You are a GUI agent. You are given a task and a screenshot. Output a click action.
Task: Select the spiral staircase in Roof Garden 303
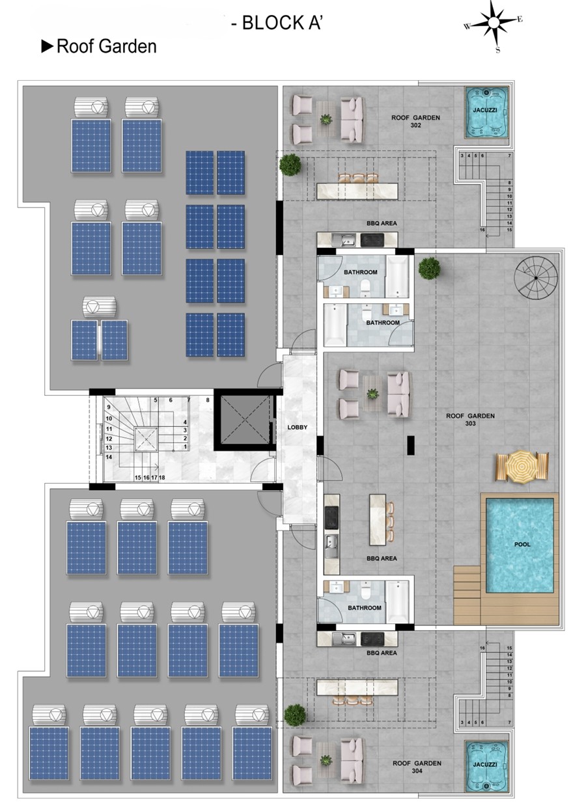coord(536,278)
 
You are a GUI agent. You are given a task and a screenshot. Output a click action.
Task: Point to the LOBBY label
coord(298,427)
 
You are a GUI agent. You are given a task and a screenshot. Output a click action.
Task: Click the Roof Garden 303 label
coord(470,420)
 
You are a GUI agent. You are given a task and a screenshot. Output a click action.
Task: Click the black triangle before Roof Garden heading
coord(48,46)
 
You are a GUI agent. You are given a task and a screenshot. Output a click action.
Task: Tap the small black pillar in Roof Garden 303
coord(410,445)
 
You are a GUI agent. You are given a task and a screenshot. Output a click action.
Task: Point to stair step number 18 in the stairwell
coord(162,478)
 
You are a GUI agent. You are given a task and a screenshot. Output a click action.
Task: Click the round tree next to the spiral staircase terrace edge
coord(429,268)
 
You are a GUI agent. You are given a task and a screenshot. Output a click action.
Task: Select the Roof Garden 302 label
coord(415,121)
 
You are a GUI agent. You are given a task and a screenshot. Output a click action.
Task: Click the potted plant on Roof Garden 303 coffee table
coord(372,394)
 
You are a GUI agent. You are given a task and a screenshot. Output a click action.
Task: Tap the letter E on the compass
coord(520,19)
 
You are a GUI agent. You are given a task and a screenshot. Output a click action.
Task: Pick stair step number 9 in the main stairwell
coord(108,407)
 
